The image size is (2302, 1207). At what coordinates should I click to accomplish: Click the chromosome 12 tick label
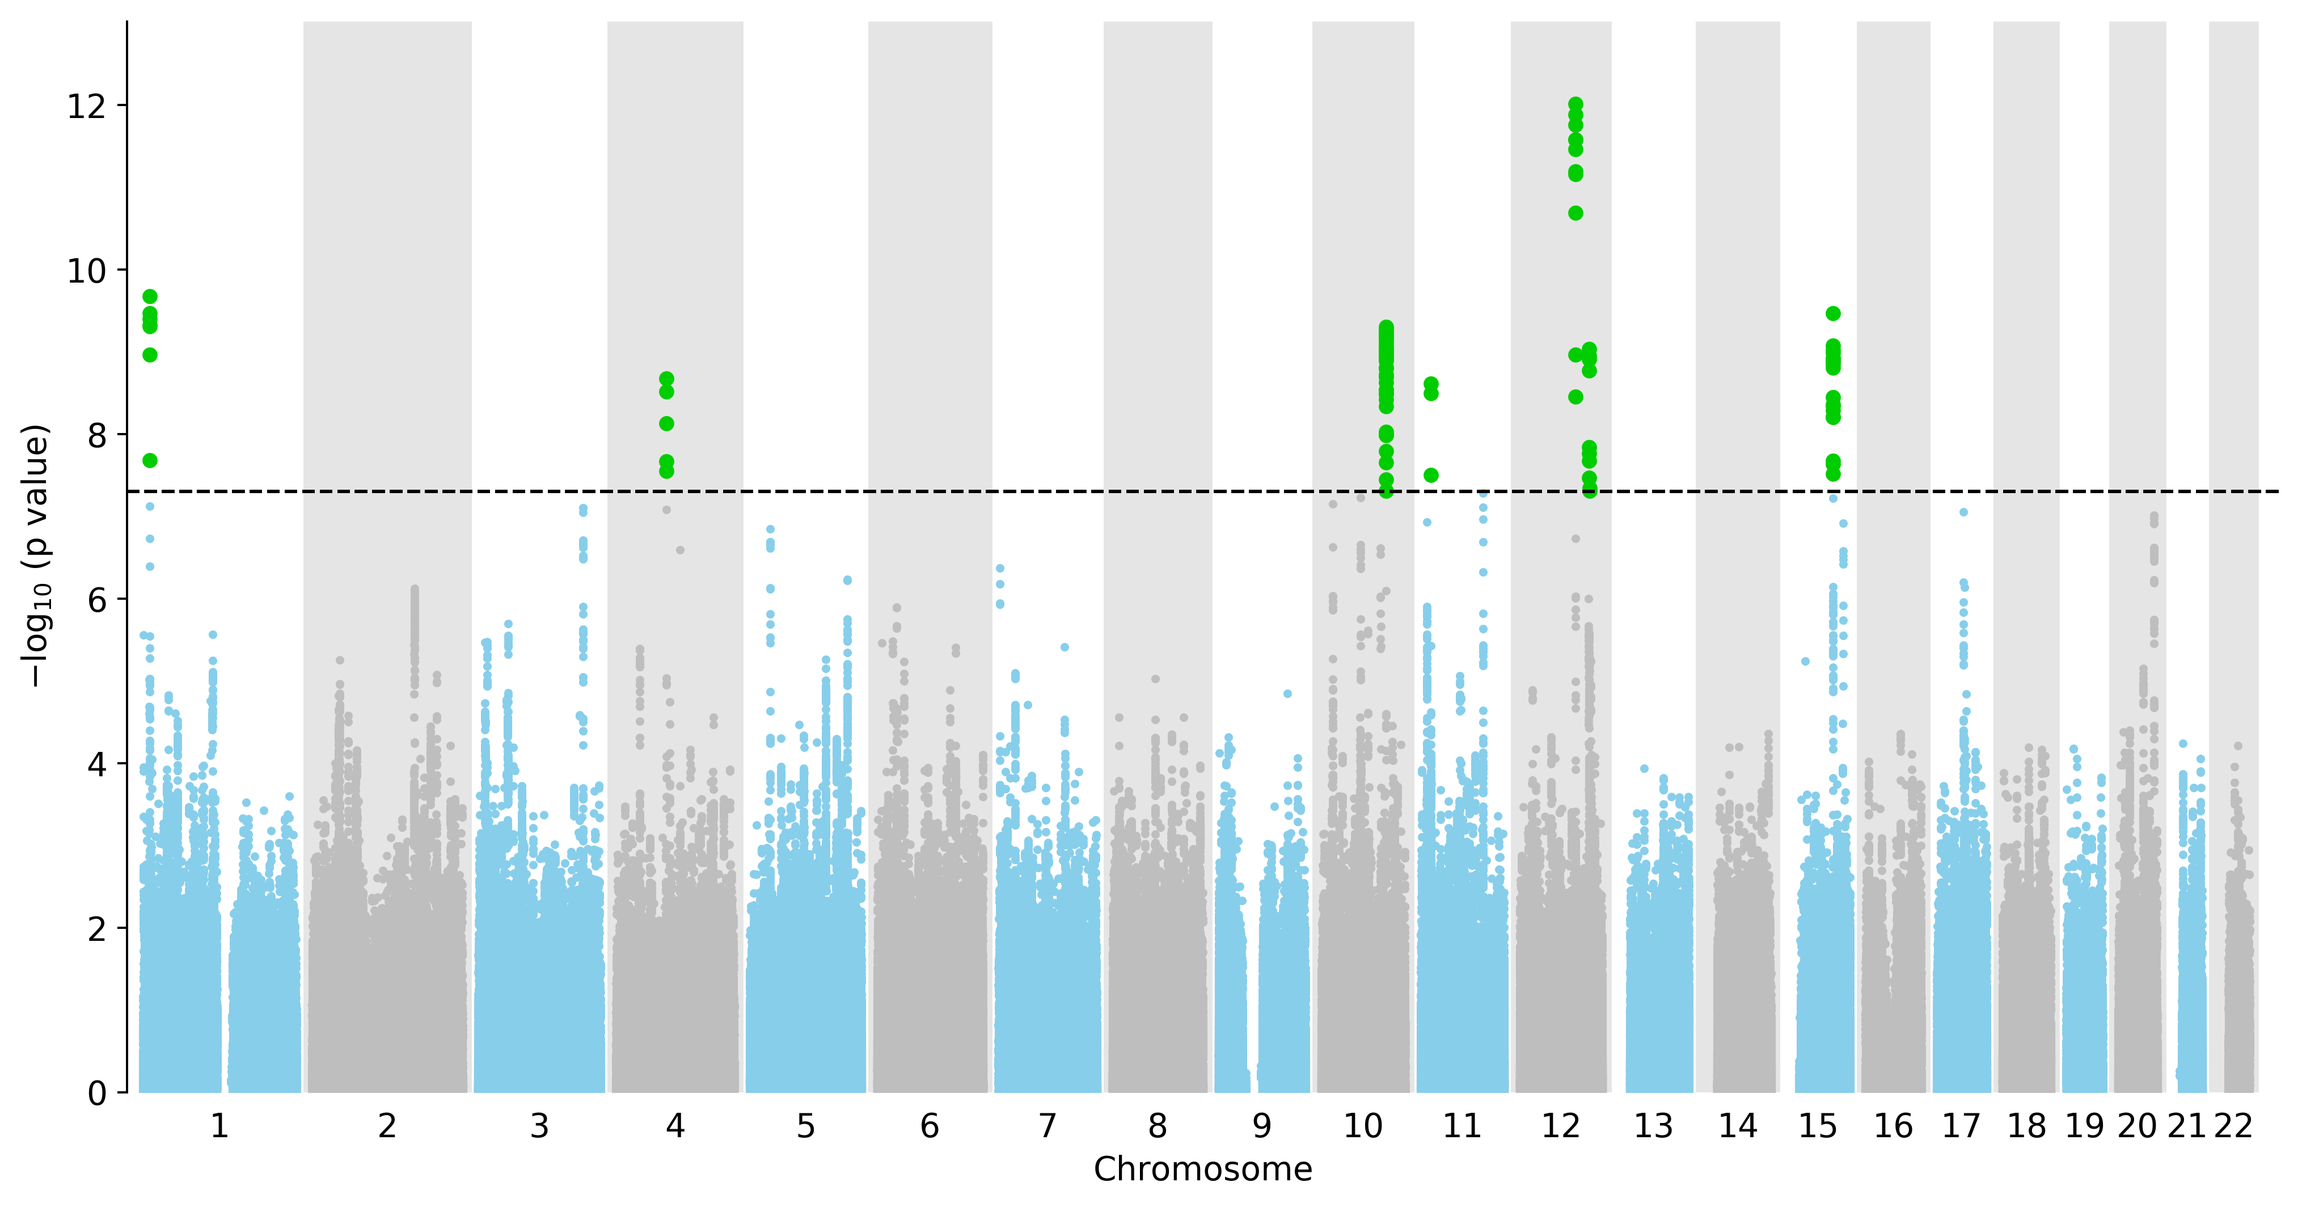tap(1561, 1126)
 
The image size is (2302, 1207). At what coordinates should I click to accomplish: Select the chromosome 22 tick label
tap(2233, 1126)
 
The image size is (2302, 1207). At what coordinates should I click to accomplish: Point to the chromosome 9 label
tap(1262, 1126)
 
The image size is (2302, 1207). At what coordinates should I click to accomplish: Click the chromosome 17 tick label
tap(1962, 1126)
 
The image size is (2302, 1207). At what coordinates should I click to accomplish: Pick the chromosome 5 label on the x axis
tap(806, 1126)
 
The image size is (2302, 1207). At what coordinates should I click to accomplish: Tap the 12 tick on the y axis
tap(87, 106)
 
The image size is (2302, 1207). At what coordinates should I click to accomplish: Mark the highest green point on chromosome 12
tap(1576, 104)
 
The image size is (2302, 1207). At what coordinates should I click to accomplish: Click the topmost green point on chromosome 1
tap(150, 297)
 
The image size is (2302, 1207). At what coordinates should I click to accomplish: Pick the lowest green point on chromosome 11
tap(1431, 475)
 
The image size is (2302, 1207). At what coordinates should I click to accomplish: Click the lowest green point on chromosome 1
tap(150, 460)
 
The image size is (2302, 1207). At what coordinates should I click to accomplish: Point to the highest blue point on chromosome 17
tap(1963, 512)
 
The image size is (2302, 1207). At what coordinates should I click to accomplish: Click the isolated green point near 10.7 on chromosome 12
tap(1576, 213)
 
